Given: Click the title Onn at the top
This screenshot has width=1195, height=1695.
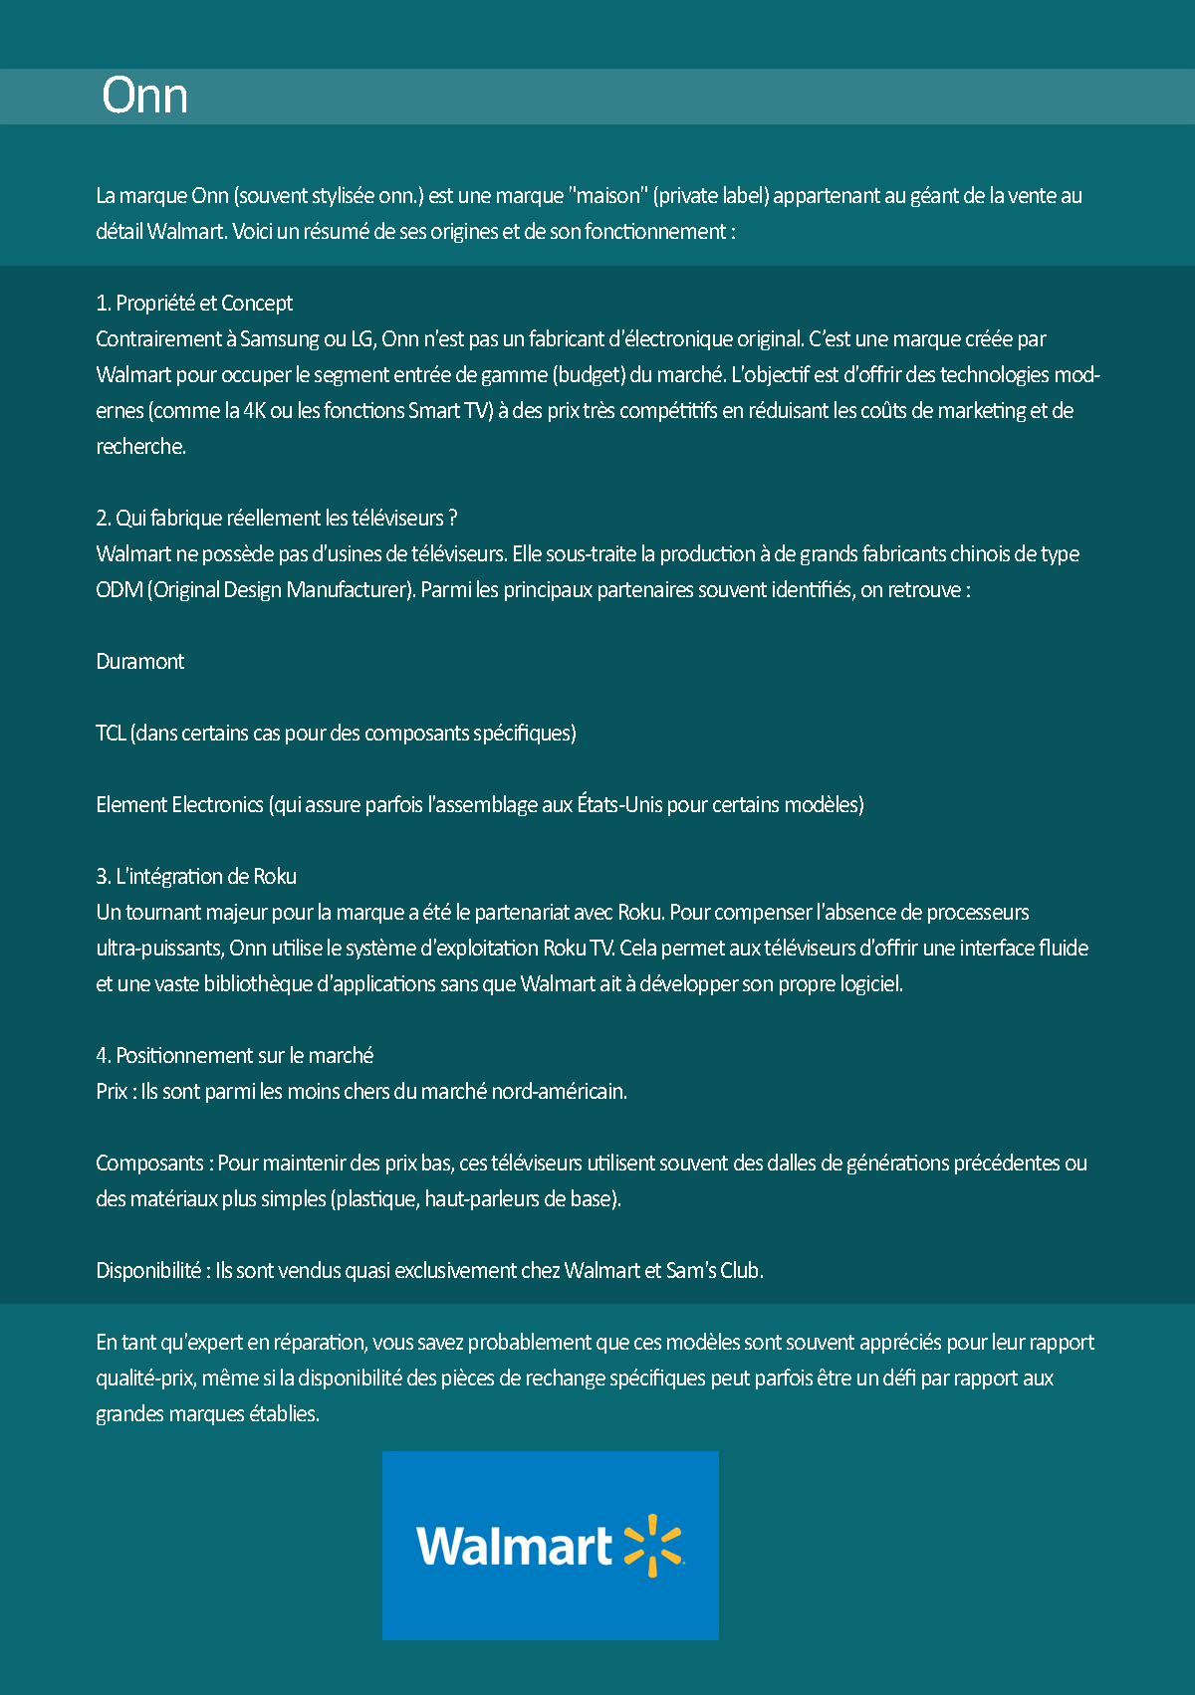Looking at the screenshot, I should click(x=145, y=97).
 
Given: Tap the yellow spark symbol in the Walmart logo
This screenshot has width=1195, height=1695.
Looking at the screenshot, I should click(x=653, y=1546).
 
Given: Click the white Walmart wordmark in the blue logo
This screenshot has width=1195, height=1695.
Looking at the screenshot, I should click(x=514, y=1547).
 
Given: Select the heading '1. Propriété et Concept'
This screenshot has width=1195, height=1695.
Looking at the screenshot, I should click(x=194, y=304).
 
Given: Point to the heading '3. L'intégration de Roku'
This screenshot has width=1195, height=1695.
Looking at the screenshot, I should click(x=196, y=877).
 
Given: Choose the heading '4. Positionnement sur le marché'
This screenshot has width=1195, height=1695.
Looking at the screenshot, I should click(x=234, y=1056).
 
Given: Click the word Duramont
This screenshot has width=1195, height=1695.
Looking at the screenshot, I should click(x=140, y=662).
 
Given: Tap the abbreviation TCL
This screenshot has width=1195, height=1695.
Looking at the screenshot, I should click(x=111, y=734).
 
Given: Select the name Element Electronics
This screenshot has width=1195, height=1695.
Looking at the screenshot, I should click(x=179, y=805).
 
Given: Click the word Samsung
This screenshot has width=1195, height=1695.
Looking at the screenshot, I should click(x=279, y=339).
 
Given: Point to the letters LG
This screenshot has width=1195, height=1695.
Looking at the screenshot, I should click(x=361, y=339).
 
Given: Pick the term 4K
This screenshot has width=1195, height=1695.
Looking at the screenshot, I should click(x=254, y=411).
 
